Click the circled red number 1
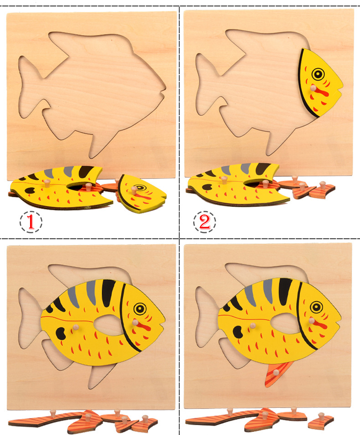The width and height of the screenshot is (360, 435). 31,222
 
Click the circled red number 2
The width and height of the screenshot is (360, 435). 205,222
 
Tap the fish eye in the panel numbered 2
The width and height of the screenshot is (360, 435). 318,74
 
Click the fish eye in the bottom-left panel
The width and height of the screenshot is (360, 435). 140,308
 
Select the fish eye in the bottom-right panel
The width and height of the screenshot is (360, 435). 317,307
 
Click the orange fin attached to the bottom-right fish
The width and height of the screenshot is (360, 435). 278,374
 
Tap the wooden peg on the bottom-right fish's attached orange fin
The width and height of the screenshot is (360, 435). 276,373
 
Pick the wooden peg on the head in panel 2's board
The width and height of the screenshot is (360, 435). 313,88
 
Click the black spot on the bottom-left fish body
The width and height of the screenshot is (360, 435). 61,333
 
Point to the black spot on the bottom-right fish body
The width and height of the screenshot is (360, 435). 237,332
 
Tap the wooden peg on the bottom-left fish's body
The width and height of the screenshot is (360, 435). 76,327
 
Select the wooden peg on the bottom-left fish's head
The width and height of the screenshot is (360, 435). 135,322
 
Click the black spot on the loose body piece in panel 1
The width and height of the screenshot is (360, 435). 30,190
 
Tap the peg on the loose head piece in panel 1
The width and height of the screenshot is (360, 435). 134,190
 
